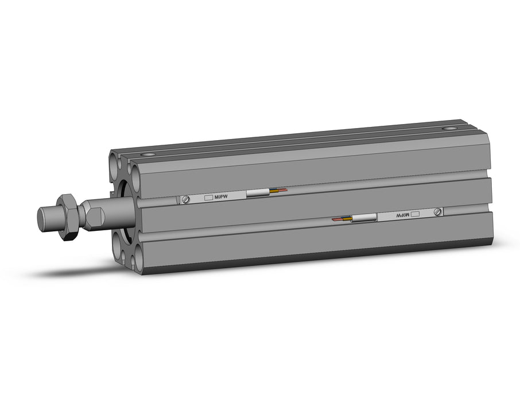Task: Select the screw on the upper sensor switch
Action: (186, 199)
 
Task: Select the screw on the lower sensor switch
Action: (439, 212)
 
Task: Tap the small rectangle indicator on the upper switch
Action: (208, 198)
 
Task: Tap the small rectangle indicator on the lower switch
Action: (416, 214)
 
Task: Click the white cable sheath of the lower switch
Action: (364, 218)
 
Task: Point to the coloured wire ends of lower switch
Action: (341, 219)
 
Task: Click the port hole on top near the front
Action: (151, 154)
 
